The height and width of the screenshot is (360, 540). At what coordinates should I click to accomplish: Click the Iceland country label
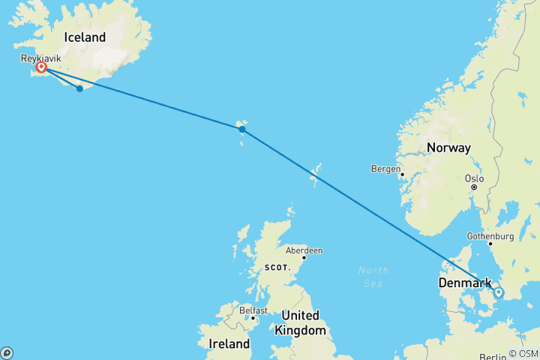point(85,37)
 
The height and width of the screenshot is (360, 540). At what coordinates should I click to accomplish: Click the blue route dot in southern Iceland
point(79,88)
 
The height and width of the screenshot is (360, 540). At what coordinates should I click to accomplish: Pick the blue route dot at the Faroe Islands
point(242,129)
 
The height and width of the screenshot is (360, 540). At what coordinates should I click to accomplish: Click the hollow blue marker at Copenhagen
point(499,292)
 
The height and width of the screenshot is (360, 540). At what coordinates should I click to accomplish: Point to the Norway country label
point(448,148)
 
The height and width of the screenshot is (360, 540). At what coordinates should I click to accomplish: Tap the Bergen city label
point(386,169)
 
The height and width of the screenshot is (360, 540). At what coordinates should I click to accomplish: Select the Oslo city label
point(474,178)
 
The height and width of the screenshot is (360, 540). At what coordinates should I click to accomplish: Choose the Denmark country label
point(466,283)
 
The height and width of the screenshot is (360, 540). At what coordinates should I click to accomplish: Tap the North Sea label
point(373,276)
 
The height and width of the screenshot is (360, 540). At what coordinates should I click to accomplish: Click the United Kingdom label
point(300,322)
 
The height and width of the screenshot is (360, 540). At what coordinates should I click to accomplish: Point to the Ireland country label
point(229,344)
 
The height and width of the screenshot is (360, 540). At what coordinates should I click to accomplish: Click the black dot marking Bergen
point(402,175)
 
